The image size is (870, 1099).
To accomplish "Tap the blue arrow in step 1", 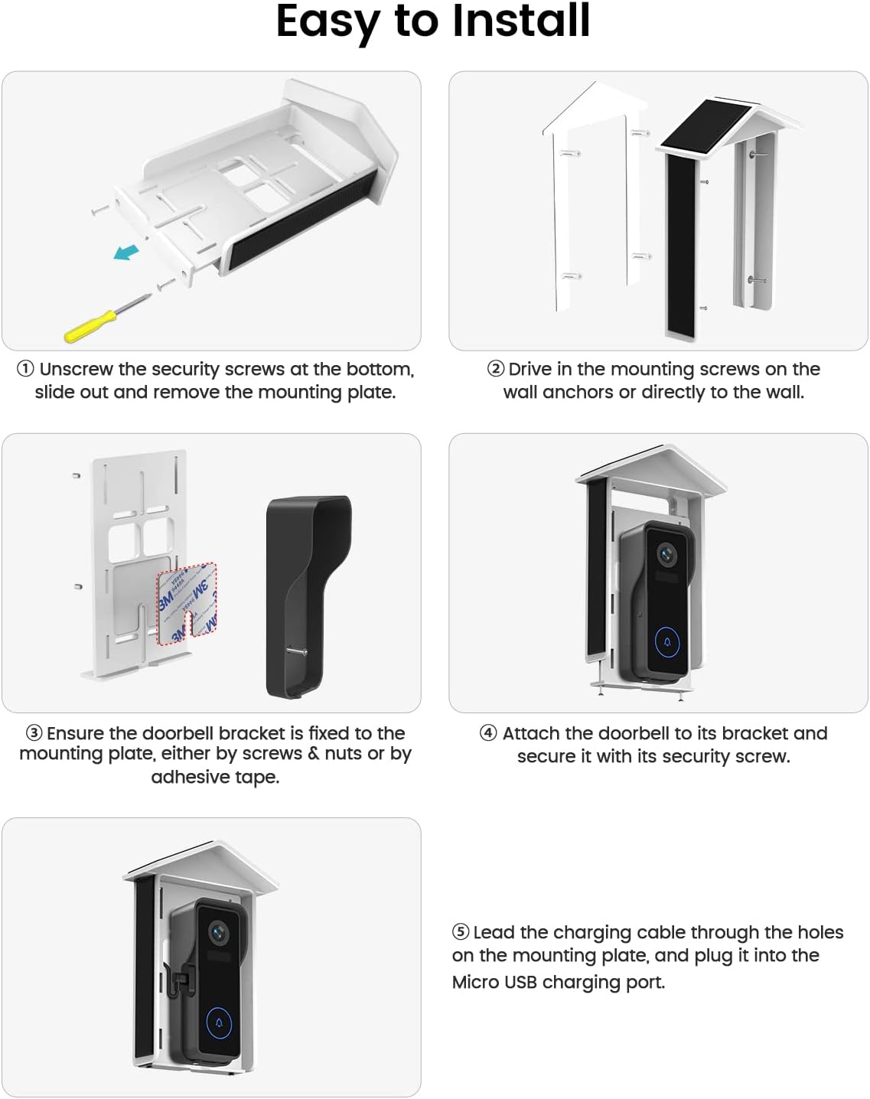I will [x=127, y=251].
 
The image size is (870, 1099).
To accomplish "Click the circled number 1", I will [x=25, y=369].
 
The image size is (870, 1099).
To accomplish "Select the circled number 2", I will [x=496, y=369].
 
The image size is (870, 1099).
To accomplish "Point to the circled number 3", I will [x=34, y=733].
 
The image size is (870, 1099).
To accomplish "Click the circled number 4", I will [x=488, y=733].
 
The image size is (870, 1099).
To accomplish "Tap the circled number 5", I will [x=461, y=932].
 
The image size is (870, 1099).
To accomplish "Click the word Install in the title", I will [x=521, y=21].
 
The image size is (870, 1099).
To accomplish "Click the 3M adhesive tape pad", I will [x=187, y=601].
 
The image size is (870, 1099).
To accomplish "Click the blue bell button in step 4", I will [x=667, y=642].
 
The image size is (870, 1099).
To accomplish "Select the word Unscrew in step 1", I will [x=77, y=369].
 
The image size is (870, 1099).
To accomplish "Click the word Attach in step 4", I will [x=531, y=733].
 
